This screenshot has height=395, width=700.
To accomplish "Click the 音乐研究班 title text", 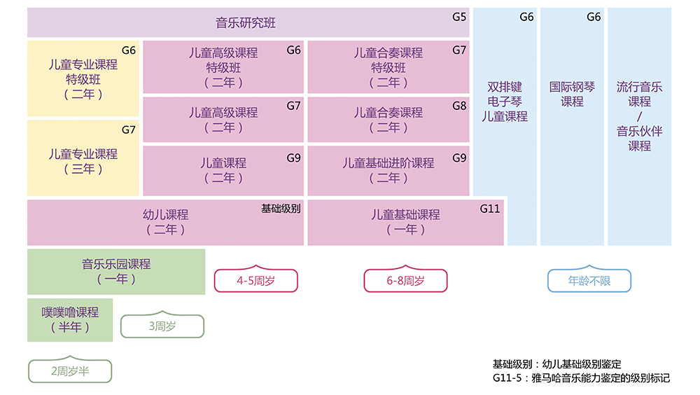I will [246, 23].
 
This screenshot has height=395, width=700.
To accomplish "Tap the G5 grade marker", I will [459, 15].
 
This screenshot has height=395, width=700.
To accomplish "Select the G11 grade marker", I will [490, 208].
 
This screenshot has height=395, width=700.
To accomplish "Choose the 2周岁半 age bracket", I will [69, 371].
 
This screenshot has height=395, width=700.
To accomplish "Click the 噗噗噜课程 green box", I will [70, 320].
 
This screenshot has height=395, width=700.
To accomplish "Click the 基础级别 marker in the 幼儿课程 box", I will [281, 208].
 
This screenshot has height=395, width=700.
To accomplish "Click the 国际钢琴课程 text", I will [572, 95].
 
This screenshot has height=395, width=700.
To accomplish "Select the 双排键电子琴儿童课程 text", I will [505, 102].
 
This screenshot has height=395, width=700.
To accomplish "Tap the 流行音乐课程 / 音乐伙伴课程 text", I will [639, 116].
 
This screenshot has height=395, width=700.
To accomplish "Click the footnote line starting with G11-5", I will [581, 378].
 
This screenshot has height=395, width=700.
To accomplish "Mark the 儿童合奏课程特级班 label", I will [388, 68].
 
